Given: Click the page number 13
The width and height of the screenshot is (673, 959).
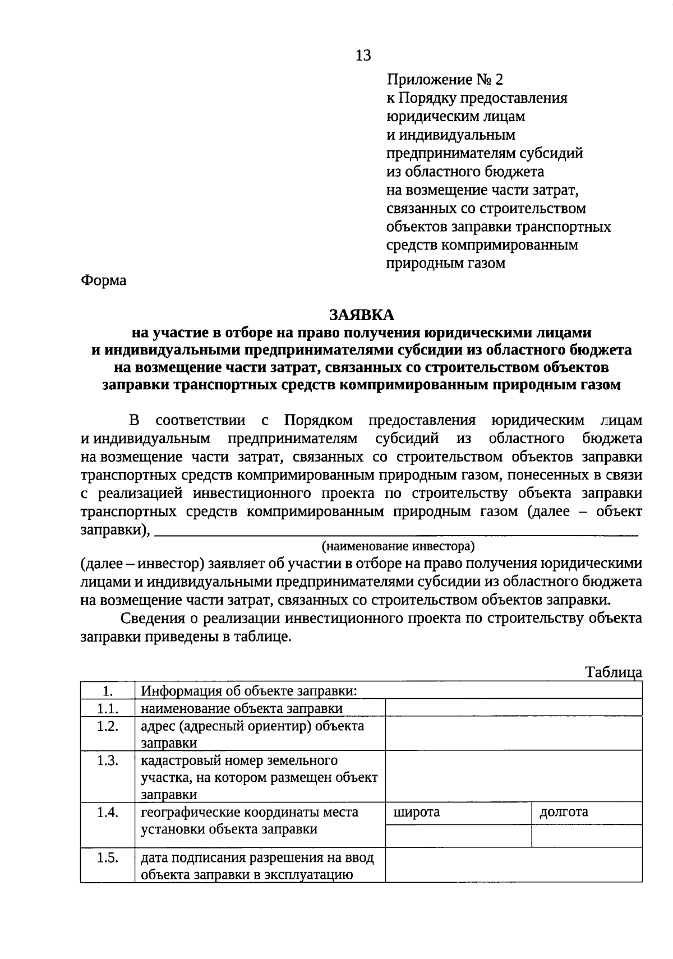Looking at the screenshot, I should (x=363, y=56).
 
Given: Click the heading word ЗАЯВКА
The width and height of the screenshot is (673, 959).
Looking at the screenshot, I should (x=362, y=314).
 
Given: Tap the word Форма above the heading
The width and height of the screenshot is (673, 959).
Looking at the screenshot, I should (x=104, y=280).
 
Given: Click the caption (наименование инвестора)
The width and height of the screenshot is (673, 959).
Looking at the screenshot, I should (x=398, y=546).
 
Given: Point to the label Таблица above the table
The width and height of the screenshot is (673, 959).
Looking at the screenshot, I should (x=614, y=672).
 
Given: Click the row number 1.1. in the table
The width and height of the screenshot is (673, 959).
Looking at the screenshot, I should (x=107, y=708).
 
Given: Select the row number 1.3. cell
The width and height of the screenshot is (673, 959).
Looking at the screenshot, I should (x=107, y=761).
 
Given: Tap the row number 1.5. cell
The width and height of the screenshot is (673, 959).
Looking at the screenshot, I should (x=107, y=857).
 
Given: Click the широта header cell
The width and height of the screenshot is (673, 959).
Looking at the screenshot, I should (x=458, y=813).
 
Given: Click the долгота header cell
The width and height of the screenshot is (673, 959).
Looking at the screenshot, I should (x=586, y=813).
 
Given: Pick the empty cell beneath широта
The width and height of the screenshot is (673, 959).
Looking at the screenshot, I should (x=458, y=836).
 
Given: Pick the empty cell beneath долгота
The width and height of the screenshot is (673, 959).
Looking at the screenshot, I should (x=586, y=836).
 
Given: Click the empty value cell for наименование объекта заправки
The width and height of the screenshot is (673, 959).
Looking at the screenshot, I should (x=513, y=708).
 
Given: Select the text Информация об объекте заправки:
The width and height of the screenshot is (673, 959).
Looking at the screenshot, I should (x=249, y=691).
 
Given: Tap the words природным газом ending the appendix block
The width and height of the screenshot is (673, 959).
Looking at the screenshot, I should (x=446, y=263).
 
